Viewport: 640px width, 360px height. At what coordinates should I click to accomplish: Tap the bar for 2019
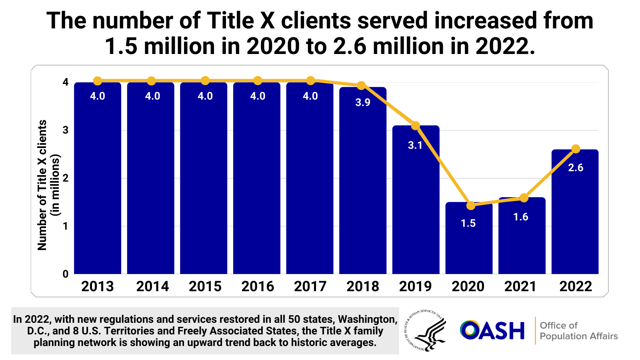416,208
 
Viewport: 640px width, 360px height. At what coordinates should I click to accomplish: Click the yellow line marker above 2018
361,86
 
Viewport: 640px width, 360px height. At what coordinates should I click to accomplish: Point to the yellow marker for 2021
524,198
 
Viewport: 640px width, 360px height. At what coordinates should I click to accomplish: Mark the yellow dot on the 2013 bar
98,81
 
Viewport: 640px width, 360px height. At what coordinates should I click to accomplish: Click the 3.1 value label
415,145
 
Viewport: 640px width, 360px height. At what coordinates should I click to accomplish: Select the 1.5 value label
468,223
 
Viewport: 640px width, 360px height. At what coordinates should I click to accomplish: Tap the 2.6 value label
576,168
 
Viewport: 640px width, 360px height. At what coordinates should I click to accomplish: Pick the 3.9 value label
363,102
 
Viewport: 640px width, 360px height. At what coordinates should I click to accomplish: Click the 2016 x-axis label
258,286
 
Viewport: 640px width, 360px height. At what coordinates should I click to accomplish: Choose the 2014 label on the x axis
152,286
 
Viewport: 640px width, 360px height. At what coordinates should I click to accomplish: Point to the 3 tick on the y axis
66,130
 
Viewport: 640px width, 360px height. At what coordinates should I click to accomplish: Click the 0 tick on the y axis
66,274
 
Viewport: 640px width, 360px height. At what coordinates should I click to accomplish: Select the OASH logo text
492,330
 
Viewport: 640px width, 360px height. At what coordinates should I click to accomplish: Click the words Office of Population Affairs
578,331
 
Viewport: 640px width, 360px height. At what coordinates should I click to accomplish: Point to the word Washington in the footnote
368,319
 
